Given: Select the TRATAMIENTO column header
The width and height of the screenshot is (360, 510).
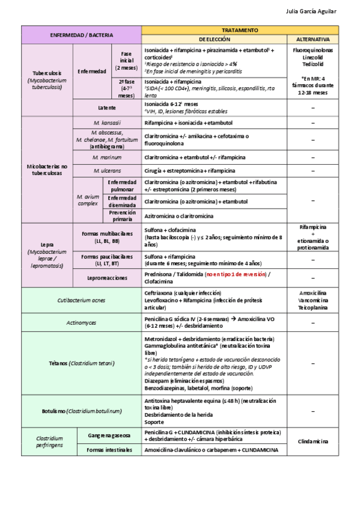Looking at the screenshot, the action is [240, 29].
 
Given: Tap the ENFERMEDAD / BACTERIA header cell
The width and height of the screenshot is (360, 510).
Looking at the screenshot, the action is [81, 35].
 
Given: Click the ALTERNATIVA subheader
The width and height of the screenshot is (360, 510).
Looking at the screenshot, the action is [313, 38].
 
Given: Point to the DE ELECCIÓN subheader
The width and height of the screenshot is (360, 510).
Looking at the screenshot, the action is [215, 38].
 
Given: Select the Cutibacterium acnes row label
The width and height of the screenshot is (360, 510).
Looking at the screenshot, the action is [81, 300].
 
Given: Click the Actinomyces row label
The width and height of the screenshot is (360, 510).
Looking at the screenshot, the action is [81, 322].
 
